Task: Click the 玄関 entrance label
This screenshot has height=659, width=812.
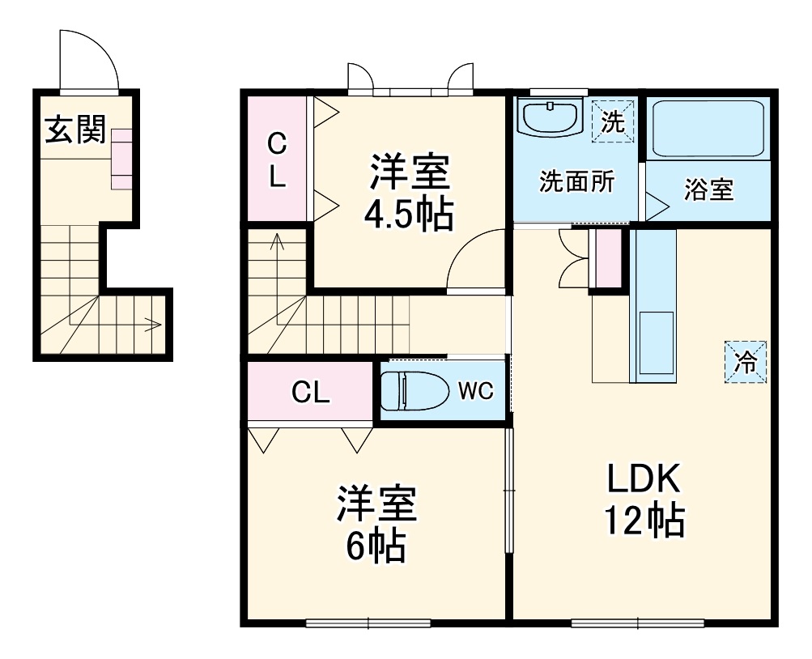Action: (74, 130)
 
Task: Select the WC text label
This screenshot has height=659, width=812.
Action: (475, 391)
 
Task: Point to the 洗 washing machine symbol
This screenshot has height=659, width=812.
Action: (613, 121)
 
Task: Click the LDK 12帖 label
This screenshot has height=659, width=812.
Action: (644, 500)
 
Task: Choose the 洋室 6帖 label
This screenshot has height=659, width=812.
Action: (376, 524)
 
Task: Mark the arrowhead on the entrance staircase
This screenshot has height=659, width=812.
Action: (152, 325)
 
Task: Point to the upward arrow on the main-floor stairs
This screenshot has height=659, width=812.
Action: (278, 240)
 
